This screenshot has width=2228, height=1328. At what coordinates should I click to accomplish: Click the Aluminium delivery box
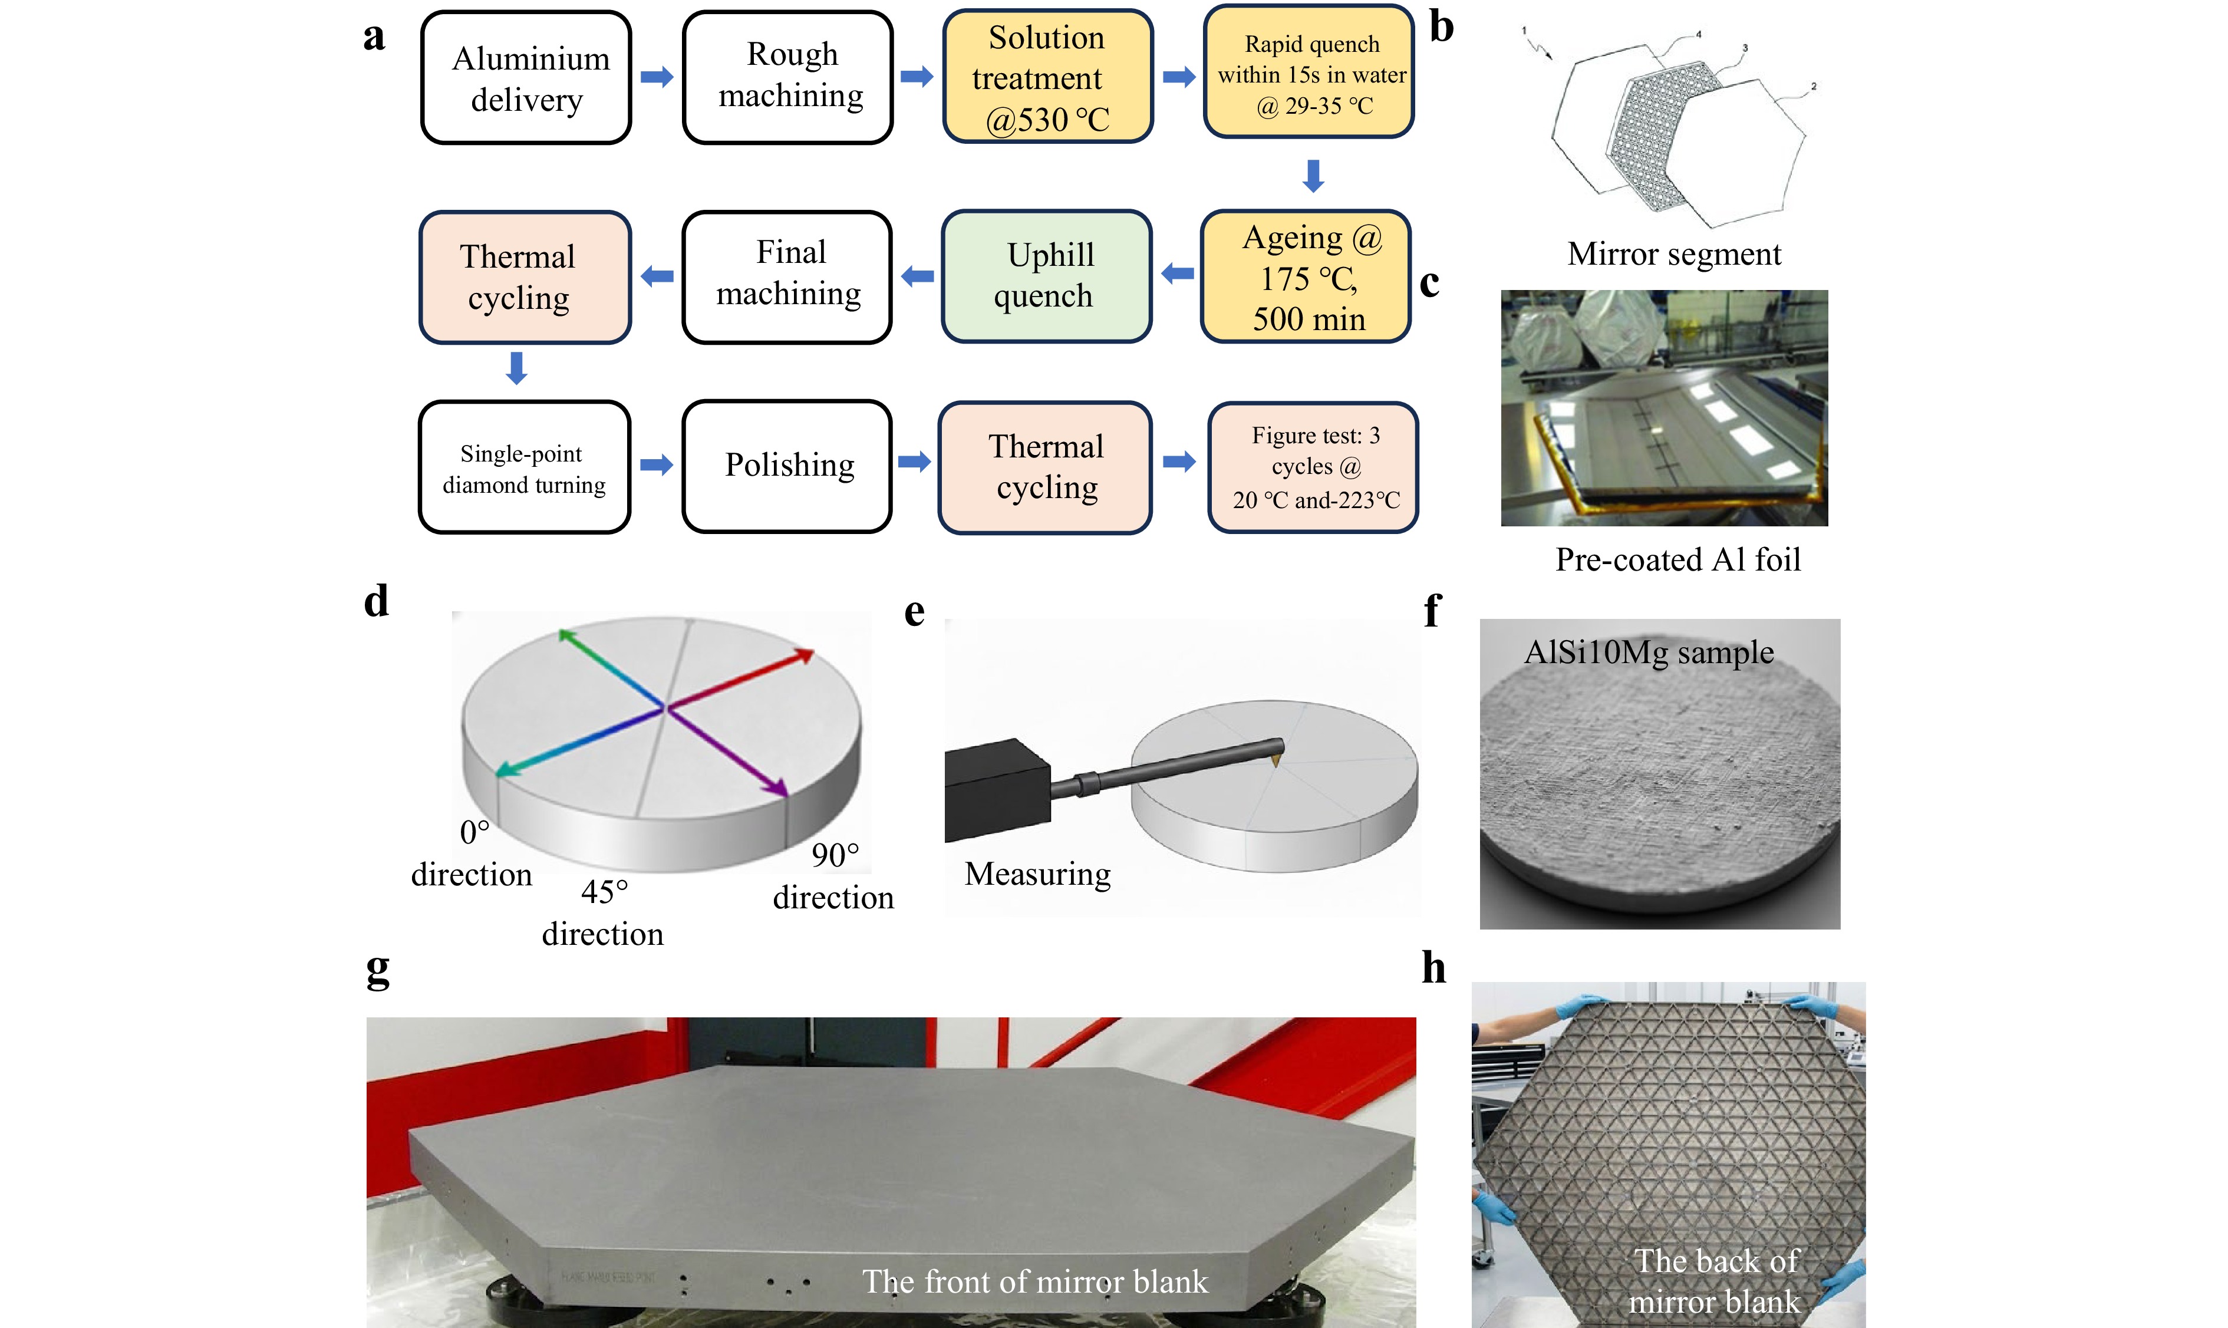click(526, 78)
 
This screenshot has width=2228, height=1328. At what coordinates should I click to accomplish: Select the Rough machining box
click(787, 78)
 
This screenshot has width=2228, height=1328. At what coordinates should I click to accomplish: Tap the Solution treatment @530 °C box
click(1047, 78)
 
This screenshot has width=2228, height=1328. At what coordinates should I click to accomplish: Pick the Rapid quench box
click(1309, 73)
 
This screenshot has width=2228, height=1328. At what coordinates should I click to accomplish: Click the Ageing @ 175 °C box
click(1306, 278)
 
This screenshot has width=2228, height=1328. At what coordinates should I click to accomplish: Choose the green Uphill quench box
click(1046, 276)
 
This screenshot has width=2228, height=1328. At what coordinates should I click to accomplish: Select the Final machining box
click(787, 276)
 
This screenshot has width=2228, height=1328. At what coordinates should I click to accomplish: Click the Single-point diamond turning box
click(525, 468)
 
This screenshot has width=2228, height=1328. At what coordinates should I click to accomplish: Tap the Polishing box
click(787, 466)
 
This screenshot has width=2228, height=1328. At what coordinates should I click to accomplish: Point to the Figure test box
click(1313, 468)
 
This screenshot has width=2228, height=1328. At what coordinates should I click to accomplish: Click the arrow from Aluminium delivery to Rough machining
click(657, 77)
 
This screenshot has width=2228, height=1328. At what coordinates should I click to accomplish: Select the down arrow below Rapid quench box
click(1313, 176)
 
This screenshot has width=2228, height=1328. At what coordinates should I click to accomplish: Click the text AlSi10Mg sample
click(1648, 653)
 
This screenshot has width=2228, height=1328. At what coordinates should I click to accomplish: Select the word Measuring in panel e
click(1037, 874)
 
